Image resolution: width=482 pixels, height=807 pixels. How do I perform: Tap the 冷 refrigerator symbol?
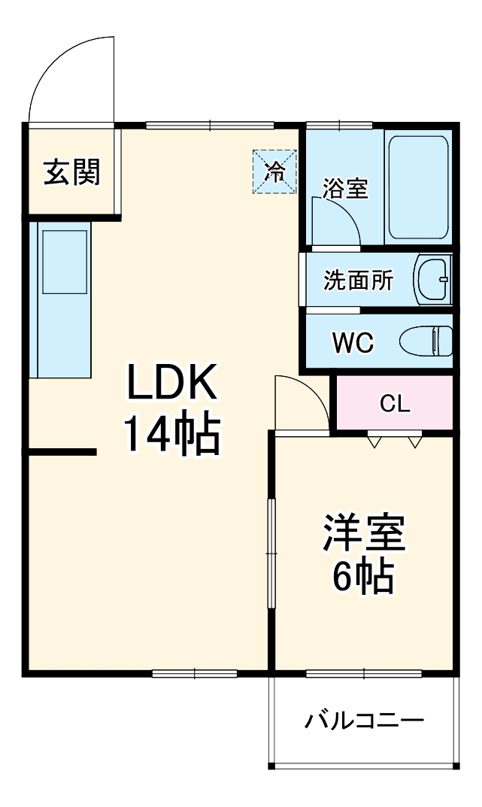[274, 171]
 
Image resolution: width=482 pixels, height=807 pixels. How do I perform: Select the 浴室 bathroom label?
[346, 188]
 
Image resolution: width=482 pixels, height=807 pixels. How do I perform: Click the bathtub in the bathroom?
[418, 186]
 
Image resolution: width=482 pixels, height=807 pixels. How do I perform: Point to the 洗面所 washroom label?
[358, 280]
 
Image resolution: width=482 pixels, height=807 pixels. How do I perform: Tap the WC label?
[353, 342]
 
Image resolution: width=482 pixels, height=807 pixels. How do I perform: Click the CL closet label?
[395, 404]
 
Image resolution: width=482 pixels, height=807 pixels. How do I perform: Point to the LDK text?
[172, 382]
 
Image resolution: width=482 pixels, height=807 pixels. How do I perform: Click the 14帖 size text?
[172, 434]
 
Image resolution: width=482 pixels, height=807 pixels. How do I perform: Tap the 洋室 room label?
[365, 532]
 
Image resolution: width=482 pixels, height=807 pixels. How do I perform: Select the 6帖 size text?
[365, 576]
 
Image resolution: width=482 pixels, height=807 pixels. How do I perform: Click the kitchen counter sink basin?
[65, 262]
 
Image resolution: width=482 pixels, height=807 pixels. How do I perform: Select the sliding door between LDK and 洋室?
[271, 553]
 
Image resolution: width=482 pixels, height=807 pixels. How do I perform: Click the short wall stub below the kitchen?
[63, 452]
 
